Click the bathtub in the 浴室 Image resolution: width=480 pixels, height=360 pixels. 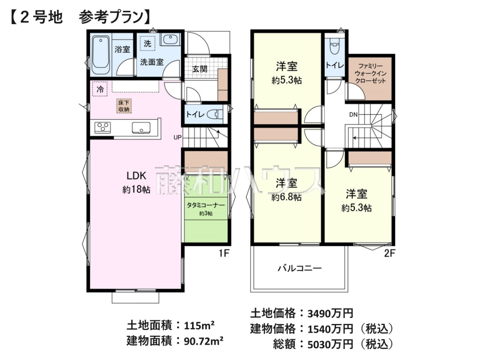click(x=100, y=55)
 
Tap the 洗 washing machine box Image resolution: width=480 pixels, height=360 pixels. click(x=148, y=44)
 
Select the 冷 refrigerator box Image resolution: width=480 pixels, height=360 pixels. click(x=100, y=89)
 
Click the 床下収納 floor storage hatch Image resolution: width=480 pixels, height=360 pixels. click(x=124, y=106)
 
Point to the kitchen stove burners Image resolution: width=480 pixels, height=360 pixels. click(x=102, y=128)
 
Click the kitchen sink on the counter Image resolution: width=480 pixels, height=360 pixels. click(x=141, y=128)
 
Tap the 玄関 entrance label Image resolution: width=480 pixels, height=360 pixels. click(x=200, y=69)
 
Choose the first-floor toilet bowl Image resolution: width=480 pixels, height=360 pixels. click(x=217, y=114)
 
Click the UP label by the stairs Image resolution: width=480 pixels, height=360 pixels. click(x=177, y=137)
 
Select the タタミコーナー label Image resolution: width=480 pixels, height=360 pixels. click(x=206, y=205)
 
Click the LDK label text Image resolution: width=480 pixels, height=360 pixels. click(x=136, y=176)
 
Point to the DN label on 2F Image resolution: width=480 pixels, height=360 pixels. click(x=353, y=114)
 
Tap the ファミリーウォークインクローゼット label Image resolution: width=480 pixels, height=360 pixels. click(x=371, y=74)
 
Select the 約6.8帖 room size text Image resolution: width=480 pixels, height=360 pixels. click(x=286, y=198)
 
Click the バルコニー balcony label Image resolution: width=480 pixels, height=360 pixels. click(x=300, y=268)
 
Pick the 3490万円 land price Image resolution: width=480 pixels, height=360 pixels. click(x=330, y=314)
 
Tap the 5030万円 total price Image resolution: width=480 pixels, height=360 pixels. click(x=330, y=345)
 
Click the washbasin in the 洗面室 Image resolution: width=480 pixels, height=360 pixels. click(x=170, y=40)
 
